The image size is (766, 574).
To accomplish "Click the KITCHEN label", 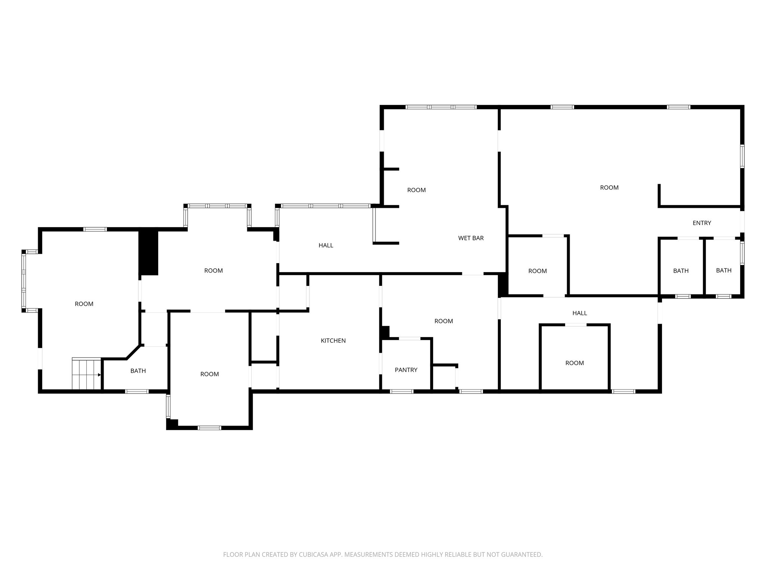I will coord(333,340).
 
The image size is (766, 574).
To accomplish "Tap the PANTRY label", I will coord(406,370).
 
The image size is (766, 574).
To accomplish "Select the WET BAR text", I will coord(471,238).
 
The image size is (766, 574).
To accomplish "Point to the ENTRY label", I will coord(702,223).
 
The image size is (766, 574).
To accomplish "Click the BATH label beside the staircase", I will coord(138,371).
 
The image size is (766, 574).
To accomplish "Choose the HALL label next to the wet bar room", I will coord(326,246).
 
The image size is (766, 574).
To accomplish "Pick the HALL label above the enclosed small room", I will coord(579,313).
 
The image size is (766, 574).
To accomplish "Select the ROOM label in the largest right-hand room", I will coord(609,188).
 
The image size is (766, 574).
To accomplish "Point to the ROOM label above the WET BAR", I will coord(416,190).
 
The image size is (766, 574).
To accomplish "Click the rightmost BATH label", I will coord(723,271).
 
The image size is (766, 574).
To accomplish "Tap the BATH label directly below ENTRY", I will coord(681,271).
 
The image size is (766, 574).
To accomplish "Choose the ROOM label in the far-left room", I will coord(84,304).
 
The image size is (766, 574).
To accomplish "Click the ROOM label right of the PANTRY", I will coord(444,321).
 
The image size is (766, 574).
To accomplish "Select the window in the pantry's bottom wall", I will coord(402,391).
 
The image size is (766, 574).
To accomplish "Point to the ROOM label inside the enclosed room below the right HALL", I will coord(574,363).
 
